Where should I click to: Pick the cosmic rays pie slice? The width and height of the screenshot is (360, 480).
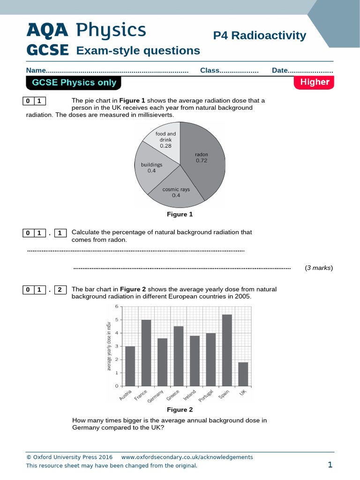[x=177, y=192]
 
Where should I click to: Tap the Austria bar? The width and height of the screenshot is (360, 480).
[x=130, y=366]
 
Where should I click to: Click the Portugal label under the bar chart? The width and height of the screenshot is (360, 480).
[x=205, y=397]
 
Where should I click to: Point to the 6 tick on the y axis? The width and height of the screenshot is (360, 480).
[x=117, y=307]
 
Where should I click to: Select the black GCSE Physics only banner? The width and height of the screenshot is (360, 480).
[x=74, y=83]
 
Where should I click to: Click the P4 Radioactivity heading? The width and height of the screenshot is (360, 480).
[x=259, y=36]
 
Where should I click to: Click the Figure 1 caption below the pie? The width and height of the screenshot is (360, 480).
[x=180, y=214]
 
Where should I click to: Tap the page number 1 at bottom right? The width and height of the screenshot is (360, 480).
[x=330, y=465]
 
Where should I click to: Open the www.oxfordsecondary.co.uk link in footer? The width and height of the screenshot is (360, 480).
[x=187, y=457]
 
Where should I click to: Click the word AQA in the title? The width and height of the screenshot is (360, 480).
[x=47, y=30]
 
